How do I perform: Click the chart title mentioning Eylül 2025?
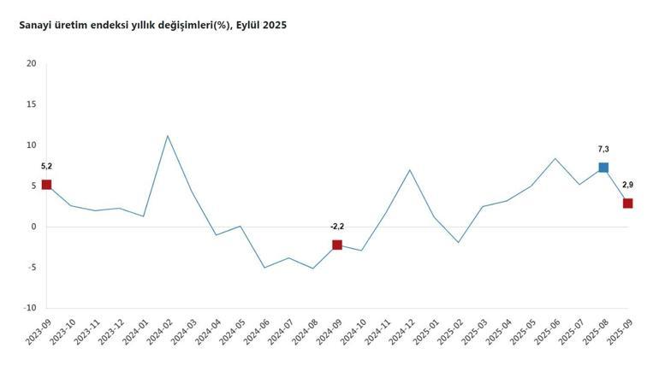pyautogui.click(x=153, y=26)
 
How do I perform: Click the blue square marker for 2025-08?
pyautogui.click(x=603, y=168)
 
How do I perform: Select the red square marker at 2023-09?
pyautogui.click(x=46, y=185)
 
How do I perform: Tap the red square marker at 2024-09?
pyautogui.click(x=337, y=245)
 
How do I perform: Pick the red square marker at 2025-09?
pyautogui.click(x=627, y=204)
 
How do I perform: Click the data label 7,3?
pyautogui.click(x=603, y=149)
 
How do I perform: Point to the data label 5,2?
pyautogui.click(x=46, y=166)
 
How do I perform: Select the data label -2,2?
pyautogui.click(x=336, y=227)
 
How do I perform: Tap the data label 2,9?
pyautogui.click(x=627, y=185)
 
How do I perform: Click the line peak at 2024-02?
pyautogui.click(x=168, y=136)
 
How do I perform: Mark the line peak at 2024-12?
pyautogui.click(x=410, y=170)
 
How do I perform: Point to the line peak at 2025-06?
pyautogui.click(x=555, y=158)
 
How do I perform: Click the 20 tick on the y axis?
pyautogui.click(x=31, y=63)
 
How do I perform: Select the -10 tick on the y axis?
pyautogui.click(x=29, y=308)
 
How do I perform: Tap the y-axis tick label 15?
pyautogui.click(x=31, y=104)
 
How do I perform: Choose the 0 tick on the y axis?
pyautogui.click(x=33, y=227)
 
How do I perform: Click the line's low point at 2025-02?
pyautogui.click(x=459, y=242)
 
